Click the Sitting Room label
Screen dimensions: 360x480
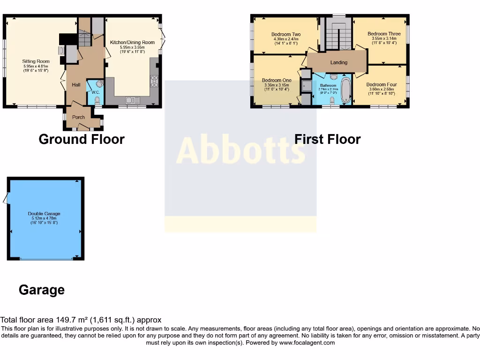tap(36, 61)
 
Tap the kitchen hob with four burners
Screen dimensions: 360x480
tap(154, 81)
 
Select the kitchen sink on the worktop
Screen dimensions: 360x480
tap(131, 100)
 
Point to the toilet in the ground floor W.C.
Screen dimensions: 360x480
tap(97, 100)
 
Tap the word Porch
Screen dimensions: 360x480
tap(78, 117)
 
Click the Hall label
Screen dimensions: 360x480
tap(76, 85)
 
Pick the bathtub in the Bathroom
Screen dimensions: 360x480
tap(345, 90)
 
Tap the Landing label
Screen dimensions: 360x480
tap(339, 62)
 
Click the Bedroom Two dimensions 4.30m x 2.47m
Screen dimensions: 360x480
tap(286, 39)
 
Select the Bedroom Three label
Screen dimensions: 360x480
tap(384, 34)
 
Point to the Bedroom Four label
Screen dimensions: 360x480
tap(382, 85)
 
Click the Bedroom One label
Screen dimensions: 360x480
tap(277, 80)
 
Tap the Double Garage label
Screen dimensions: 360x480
tap(44, 214)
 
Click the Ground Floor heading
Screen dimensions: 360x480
tap(82, 139)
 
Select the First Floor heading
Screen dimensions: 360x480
tap(327, 139)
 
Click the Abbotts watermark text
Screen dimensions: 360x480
tap(240, 151)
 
